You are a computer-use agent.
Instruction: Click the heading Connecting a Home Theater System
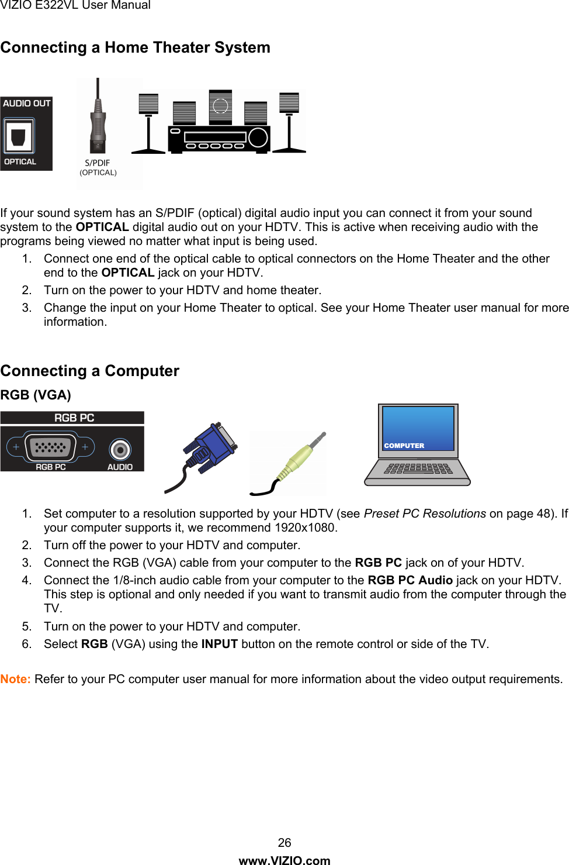click(135, 47)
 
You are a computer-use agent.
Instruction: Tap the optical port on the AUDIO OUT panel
click(19, 136)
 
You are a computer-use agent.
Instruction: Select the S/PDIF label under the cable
click(98, 163)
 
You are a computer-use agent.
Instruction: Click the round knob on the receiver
click(258, 137)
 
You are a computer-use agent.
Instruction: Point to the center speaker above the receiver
click(220, 106)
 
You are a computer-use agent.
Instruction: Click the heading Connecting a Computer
click(90, 371)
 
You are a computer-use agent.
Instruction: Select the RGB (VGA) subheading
click(36, 395)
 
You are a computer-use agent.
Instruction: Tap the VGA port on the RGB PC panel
click(51, 447)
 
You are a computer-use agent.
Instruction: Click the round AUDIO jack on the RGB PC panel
click(120, 450)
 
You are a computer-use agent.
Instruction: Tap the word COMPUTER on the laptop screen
click(404, 446)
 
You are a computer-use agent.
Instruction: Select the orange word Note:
click(16, 679)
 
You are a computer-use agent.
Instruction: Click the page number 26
click(284, 843)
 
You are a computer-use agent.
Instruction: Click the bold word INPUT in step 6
click(219, 644)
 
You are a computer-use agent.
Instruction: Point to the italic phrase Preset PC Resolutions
click(425, 514)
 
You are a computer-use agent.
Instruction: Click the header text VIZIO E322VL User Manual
click(75, 5)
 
